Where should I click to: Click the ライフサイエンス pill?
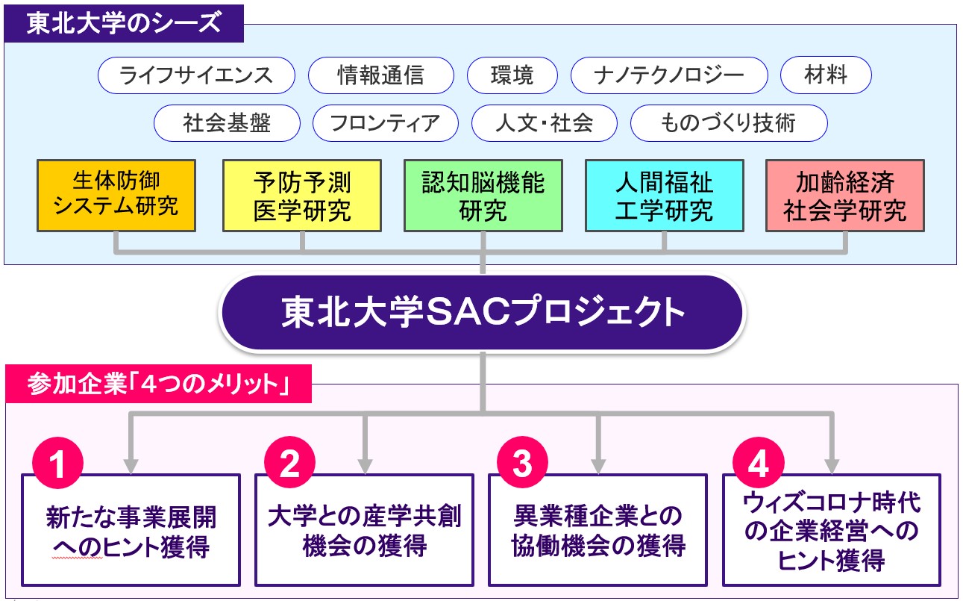pos(196,75)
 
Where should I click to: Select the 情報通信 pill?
pos(381,75)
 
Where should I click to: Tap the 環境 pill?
pos(512,75)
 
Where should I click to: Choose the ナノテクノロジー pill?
pos(669,75)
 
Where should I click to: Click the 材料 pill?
pos(826,75)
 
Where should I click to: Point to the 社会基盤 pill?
pos(227,123)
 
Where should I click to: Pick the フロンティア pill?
pos(385,123)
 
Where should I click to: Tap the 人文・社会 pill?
pos(545,123)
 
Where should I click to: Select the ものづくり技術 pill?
pos(729,123)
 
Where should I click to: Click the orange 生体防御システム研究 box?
pos(116,196)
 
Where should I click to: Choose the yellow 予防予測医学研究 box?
pos(302,196)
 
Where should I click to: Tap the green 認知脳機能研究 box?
pos(483,196)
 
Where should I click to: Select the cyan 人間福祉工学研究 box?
pos(664,196)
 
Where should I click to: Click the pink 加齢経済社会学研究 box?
pos(845,196)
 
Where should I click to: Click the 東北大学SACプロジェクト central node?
pos(482,312)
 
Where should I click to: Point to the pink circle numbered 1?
pos(57,463)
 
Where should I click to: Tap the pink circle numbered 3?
pos(522,463)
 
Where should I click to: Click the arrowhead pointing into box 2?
pos(365,466)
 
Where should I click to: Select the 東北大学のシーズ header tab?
pos(124,23)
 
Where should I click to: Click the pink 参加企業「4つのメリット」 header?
pos(158,384)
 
